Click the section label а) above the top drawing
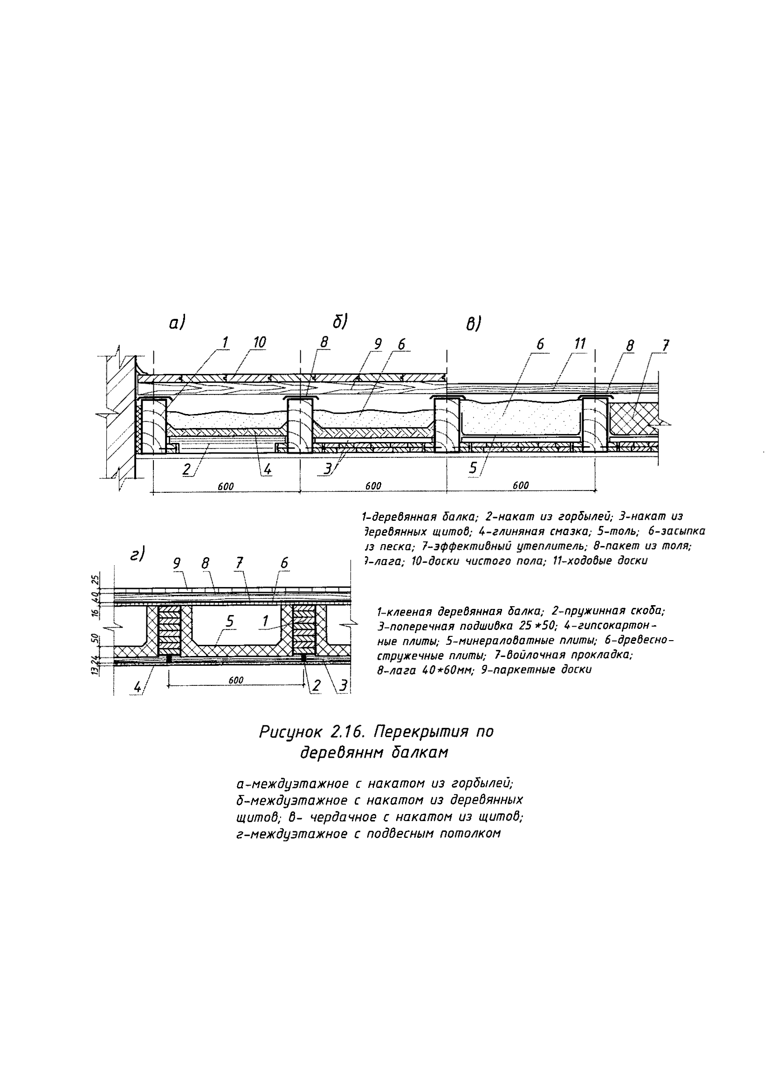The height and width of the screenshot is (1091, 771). click(x=177, y=324)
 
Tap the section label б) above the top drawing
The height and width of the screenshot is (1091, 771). click(x=340, y=322)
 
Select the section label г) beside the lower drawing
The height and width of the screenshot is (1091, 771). click(x=138, y=554)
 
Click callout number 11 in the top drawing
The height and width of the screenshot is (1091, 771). click(x=579, y=344)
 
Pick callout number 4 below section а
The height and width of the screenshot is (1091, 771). click(x=268, y=470)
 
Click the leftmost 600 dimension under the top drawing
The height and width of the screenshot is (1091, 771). click(x=226, y=486)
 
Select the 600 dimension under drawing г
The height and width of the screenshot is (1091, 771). click(x=236, y=680)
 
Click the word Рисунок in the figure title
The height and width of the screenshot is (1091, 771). click(x=291, y=732)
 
